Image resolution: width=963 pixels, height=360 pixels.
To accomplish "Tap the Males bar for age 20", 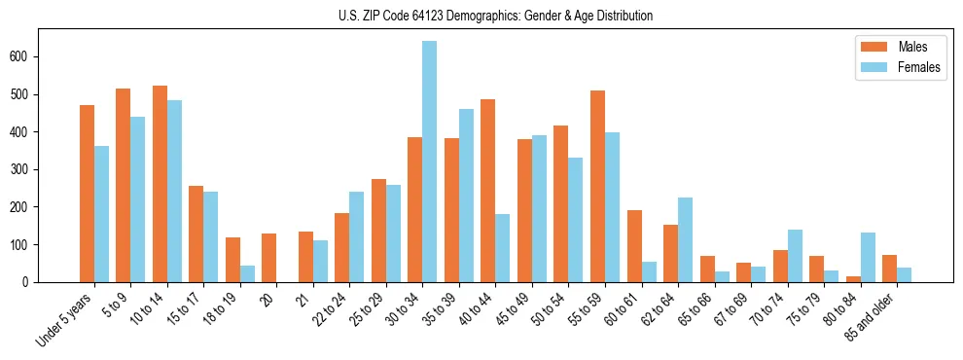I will point(269,258).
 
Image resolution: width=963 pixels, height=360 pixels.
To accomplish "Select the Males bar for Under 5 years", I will point(87,194).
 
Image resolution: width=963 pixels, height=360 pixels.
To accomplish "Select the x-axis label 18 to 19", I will point(223,310).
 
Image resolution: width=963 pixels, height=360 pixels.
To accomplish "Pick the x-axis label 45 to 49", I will point(515,310).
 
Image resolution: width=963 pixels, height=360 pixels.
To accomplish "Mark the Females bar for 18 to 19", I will point(247,273).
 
